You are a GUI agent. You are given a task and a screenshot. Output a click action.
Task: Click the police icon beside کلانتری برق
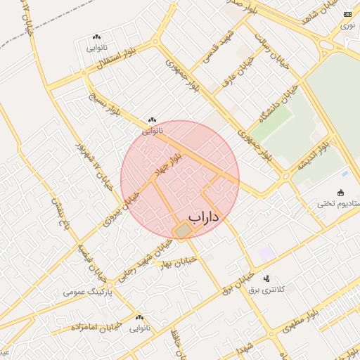(266, 278)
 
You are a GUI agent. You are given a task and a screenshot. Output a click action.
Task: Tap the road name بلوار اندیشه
(313, 157)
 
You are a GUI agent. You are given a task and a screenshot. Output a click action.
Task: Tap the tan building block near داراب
(183, 231)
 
